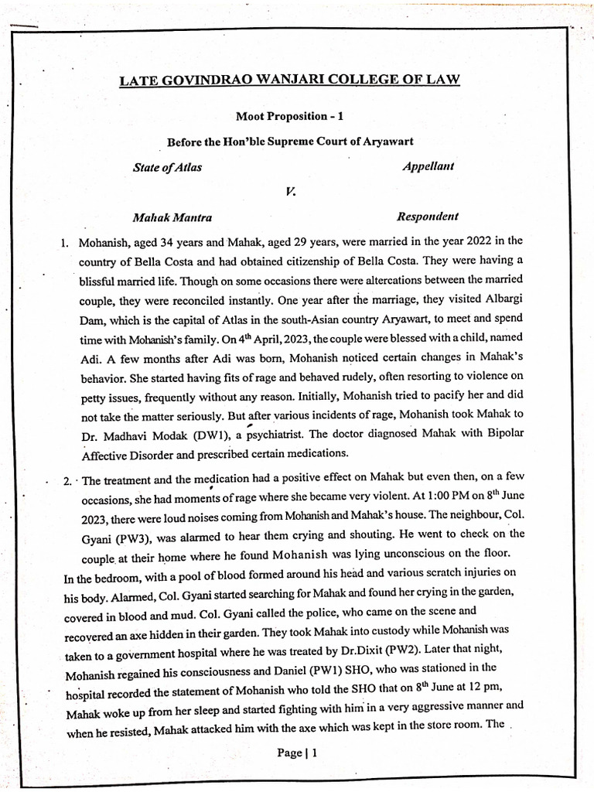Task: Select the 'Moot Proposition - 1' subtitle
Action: (289, 116)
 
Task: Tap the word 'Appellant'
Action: (428, 166)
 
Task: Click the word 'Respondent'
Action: (427, 217)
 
